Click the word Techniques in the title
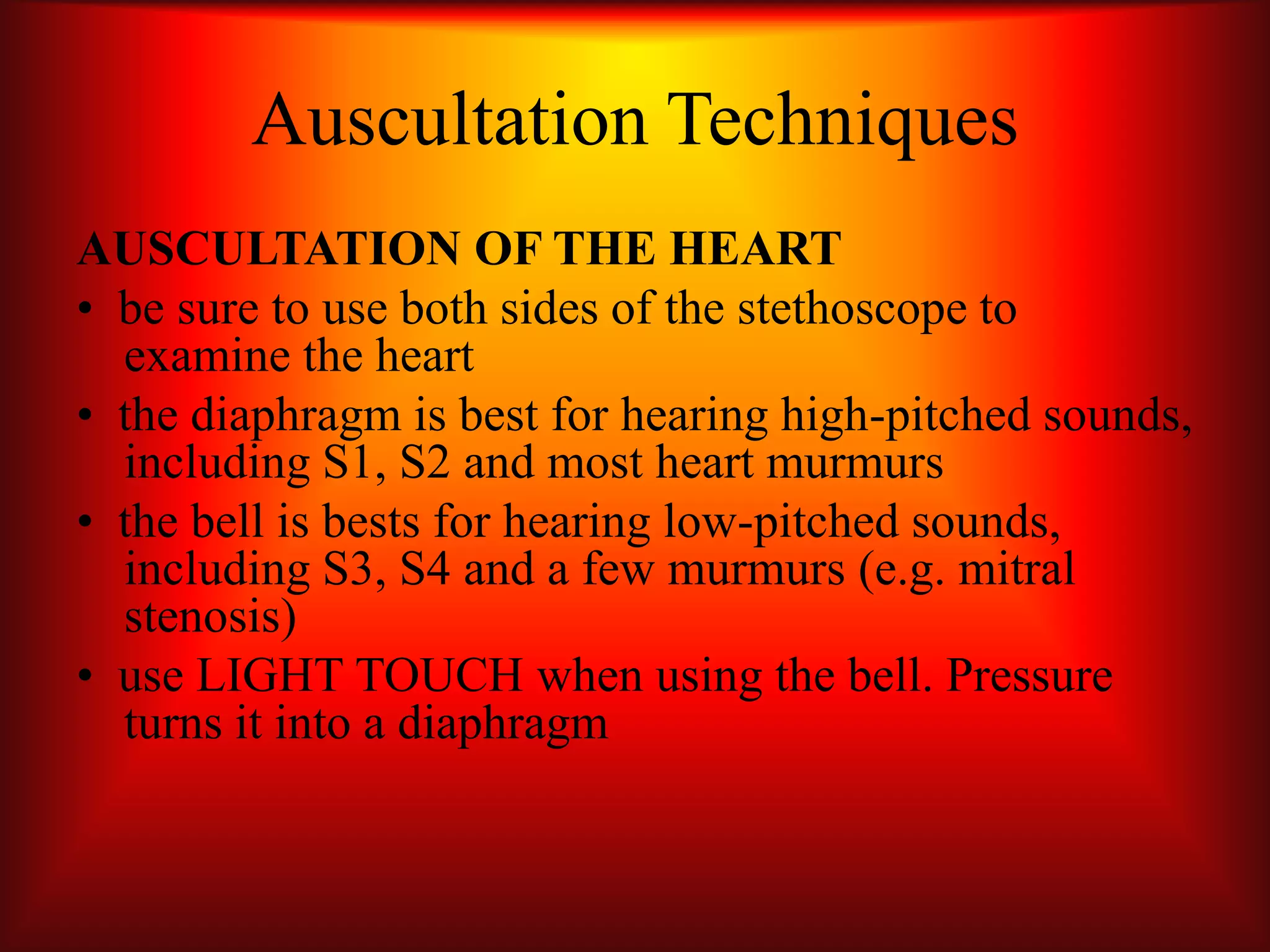click(x=846, y=121)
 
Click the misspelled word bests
click(x=371, y=522)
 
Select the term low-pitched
click(x=781, y=522)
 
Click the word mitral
click(x=1016, y=570)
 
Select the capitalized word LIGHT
click(x=269, y=676)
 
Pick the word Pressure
click(x=1029, y=676)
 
